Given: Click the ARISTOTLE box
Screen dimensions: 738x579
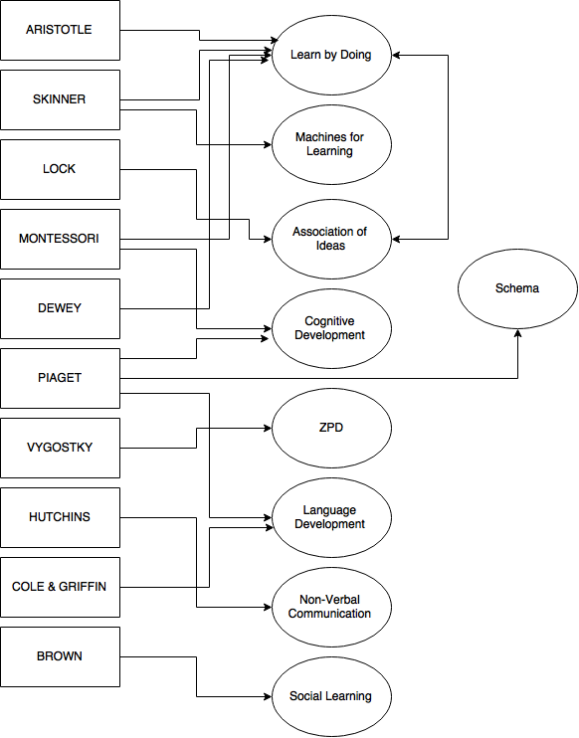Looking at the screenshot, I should pos(60,30).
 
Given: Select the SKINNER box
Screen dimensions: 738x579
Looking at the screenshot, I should pos(60,99).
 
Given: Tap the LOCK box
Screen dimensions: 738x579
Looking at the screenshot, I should pos(60,169).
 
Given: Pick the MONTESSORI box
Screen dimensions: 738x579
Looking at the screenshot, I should pos(60,239).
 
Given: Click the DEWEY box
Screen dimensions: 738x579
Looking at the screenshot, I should pos(60,308).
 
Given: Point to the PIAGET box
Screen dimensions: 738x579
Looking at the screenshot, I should pos(60,378).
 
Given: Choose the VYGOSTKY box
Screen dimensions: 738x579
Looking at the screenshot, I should pos(60,448).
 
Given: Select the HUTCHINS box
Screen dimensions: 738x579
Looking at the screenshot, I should pos(60,517).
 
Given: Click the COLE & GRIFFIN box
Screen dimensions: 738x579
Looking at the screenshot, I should pos(60,587).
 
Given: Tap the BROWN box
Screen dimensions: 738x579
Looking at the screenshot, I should pos(60,656).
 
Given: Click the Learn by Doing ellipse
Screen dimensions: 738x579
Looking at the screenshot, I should pos(331,55).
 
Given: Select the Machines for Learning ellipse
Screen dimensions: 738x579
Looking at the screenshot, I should pos(331,144).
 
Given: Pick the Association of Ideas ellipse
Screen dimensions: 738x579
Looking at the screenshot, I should pos(331,239).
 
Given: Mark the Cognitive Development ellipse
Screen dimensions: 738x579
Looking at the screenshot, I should pos(331,328).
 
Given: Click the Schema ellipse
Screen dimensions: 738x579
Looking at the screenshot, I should pos(517,288).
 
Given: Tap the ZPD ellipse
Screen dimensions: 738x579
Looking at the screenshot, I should pos(331,428).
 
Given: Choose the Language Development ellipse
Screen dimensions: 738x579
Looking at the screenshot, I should pos(331,517).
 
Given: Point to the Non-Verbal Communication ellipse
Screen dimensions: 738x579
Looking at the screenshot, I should pos(331,607).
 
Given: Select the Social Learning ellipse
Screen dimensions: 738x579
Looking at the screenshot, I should pos(331,696).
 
